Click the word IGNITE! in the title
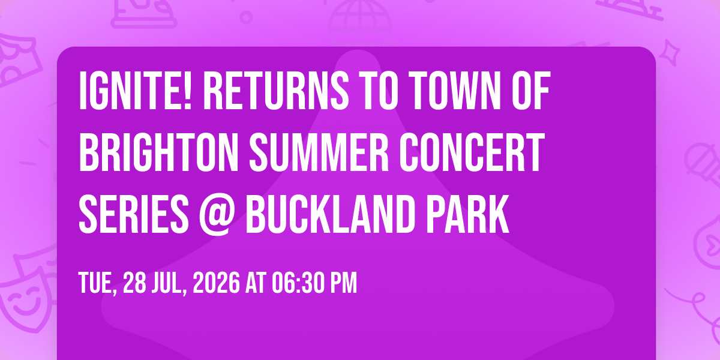(136, 91)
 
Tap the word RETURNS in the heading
(276, 91)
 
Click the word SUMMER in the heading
(319, 152)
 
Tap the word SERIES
(134, 214)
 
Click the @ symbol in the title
(215, 215)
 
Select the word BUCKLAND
(329, 214)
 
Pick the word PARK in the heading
(467, 214)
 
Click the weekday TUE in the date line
(97, 283)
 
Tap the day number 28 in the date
(134, 283)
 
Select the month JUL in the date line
(169, 283)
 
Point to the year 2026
(216, 283)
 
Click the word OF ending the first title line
(531, 91)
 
